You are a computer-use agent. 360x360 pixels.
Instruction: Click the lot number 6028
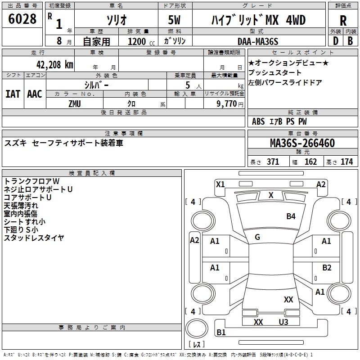pyautogui.click(x=22, y=19)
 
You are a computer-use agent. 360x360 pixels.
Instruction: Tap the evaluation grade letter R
pyautogui.click(x=343, y=21)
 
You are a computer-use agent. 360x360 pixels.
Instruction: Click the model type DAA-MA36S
pyautogui.click(x=258, y=41)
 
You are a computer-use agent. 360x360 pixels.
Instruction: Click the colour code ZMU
pyautogui.click(x=75, y=103)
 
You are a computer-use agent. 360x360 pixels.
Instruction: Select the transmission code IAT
pyautogui.click(x=13, y=94)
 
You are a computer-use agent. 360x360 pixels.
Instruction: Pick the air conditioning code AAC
pyautogui.click(x=34, y=94)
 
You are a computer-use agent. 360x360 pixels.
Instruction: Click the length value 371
pyautogui.click(x=273, y=162)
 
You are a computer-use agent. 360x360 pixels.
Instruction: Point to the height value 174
pyautogui.click(x=346, y=162)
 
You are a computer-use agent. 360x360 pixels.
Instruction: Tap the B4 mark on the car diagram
pyautogui.click(x=291, y=216)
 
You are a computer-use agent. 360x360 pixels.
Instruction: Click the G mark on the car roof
pyautogui.click(x=257, y=237)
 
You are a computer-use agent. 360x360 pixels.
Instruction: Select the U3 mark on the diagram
pyautogui.click(x=283, y=322)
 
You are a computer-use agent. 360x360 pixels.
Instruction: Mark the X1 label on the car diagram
pyautogui.click(x=220, y=184)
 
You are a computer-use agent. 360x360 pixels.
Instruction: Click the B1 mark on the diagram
pyautogui.click(x=221, y=333)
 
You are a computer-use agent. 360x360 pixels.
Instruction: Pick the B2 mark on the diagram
pyautogui.click(x=327, y=267)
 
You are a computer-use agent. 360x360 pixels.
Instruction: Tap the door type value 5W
pyautogui.click(x=175, y=21)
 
